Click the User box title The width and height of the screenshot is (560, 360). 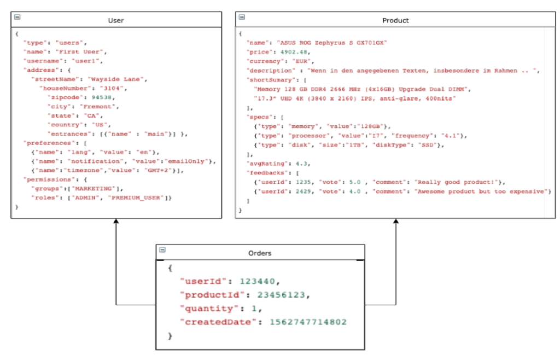tap(116, 20)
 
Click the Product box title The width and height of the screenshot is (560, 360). tap(395, 20)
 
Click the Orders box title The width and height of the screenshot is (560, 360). tap(260, 253)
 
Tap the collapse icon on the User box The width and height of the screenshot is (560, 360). tap(17, 17)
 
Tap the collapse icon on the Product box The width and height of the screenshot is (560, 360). tap(242, 17)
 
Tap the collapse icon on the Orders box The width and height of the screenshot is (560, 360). tap(162, 249)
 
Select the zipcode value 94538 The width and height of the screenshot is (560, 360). tap(101, 97)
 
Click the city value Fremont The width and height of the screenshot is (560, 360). tap(98, 107)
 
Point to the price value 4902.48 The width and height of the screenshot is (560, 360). tap(294, 52)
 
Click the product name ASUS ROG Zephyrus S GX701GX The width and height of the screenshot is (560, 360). tap(332, 43)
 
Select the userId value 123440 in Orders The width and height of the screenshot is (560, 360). tap(257, 281)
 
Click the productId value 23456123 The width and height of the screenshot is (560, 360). tap(281, 295)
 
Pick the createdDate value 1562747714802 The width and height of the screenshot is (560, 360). tap(308, 322)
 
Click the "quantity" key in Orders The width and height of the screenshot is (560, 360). tap(209, 309)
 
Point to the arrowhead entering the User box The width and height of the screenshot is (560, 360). tap(116, 221)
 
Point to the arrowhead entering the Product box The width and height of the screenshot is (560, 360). tap(396, 221)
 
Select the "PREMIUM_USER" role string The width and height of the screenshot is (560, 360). tap(136, 198)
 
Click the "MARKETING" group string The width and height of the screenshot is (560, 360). tap(93, 189)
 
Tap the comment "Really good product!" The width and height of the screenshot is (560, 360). tap(456, 182)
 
